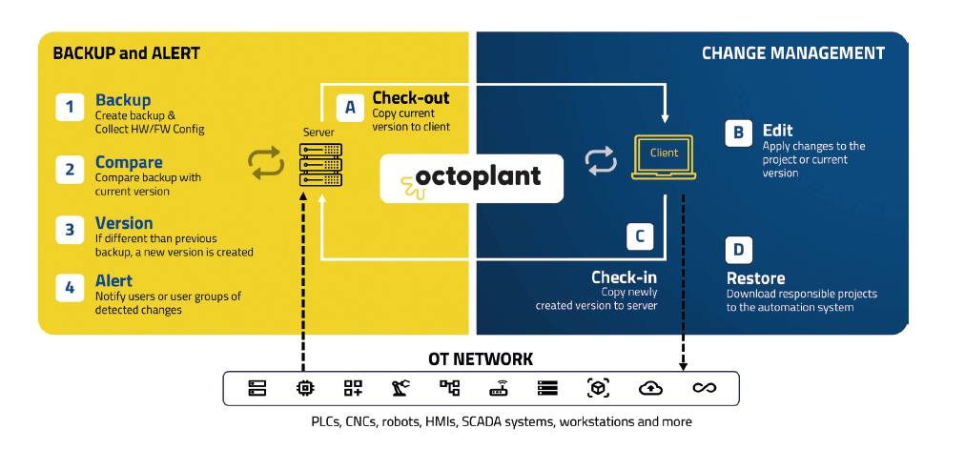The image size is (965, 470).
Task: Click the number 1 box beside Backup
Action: pyautogui.click(x=71, y=106)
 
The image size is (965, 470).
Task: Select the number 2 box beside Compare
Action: pyautogui.click(x=71, y=170)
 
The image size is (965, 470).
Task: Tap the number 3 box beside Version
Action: pyautogui.click(x=71, y=230)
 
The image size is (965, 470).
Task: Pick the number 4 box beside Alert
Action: pyautogui.click(x=71, y=288)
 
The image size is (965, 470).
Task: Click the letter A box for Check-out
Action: pyautogui.click(x=350, y=108)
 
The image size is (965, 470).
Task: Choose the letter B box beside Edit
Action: pyautogui.click(x=739, y=133)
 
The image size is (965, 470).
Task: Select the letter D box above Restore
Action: pyautogui.click(x=739, y=250)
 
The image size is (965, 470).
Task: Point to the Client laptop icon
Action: pyautogui.click(x=665, y=156)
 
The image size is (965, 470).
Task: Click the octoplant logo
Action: pyautogui.click(x=472, y=176)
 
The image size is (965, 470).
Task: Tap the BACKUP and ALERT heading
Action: pyautogui.click(x=126, y=53)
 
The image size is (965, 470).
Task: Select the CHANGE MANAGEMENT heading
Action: pyautogui.click(x=793, y=53)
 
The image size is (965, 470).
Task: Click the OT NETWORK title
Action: pyautogui.click(x=481, y=358)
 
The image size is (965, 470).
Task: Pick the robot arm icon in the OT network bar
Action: pyautogui.click(x=400, y=388)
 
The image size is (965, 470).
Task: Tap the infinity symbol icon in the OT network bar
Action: pyautogui.click(x=704, y=388)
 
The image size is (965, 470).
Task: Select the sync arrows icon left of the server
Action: pyautogui.click(x=267, y=163)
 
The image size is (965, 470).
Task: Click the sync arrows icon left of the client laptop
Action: pyautogui.click(x=602, y=162)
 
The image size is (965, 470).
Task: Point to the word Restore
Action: pyautogui.click(x=755, y=278)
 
